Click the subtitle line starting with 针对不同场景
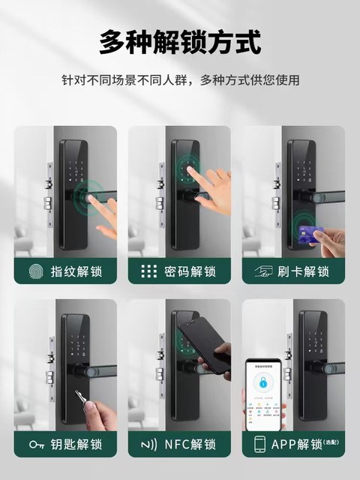180,79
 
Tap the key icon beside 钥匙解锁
34,444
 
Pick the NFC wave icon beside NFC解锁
148,444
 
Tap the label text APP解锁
298,444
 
